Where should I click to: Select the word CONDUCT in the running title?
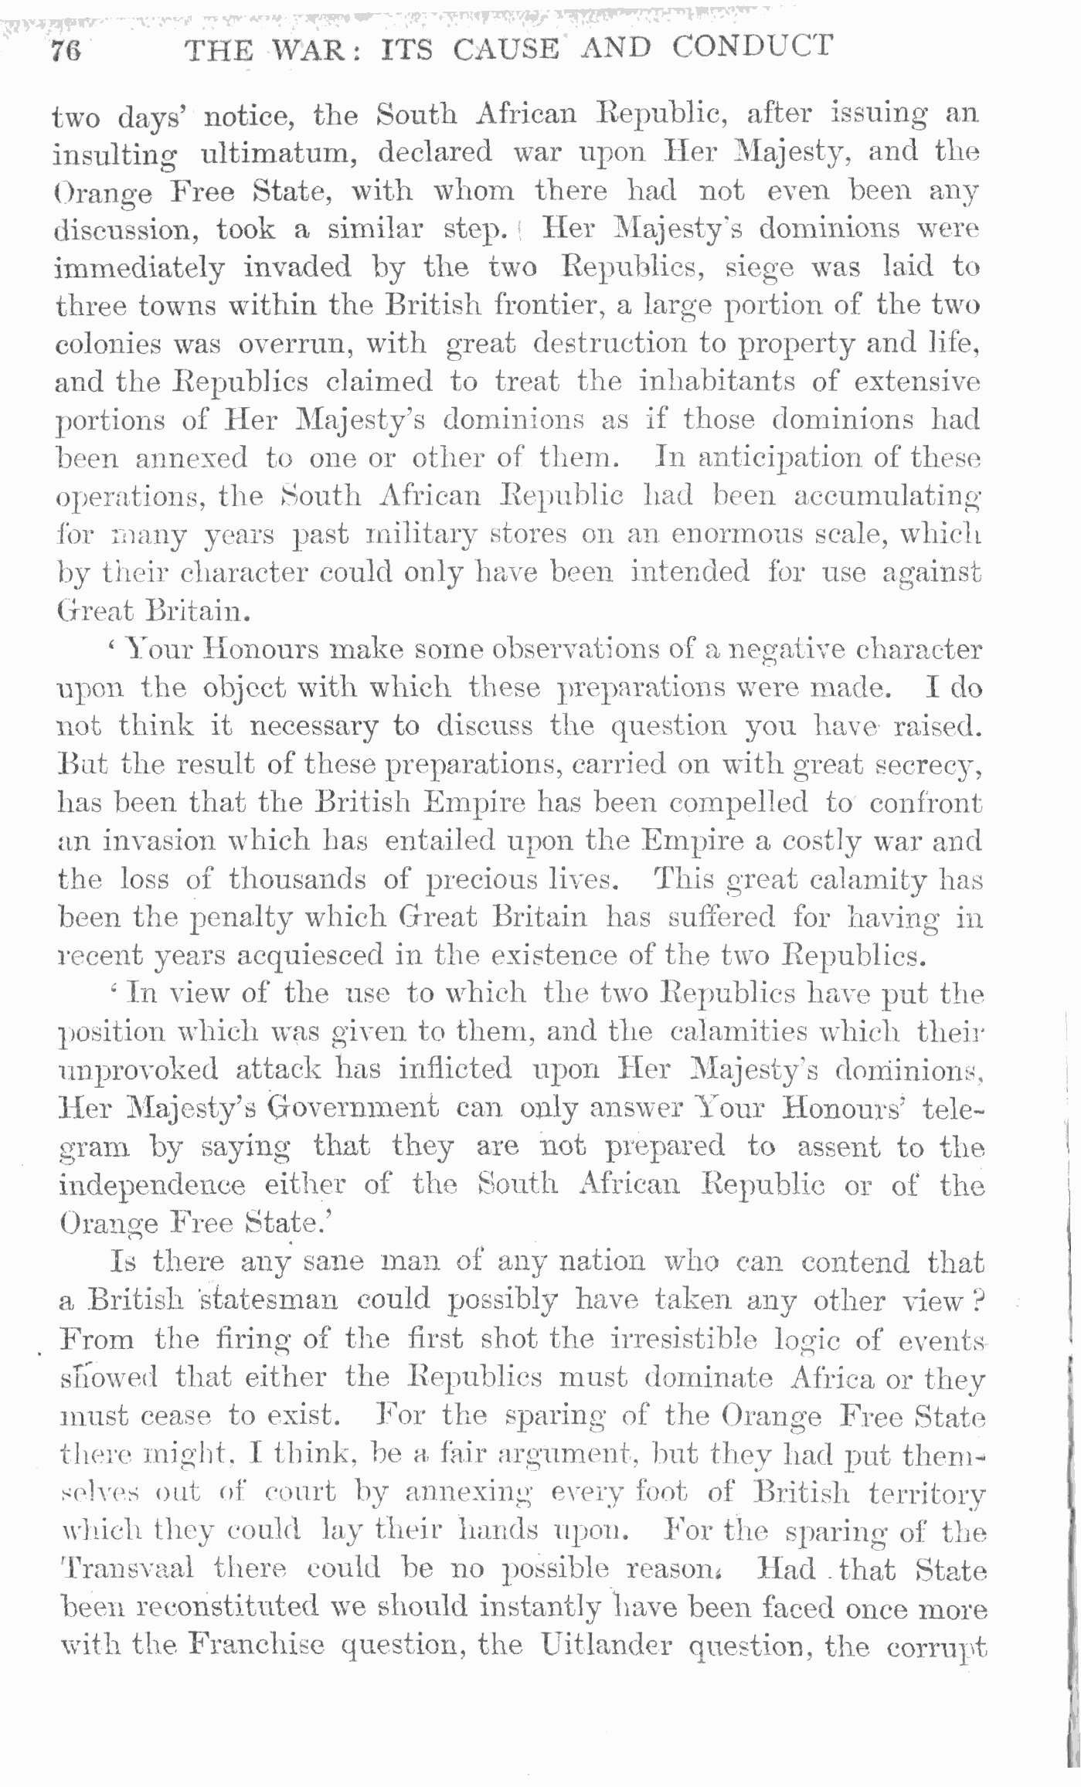pos(752,48)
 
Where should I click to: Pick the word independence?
pos(151,1186)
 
